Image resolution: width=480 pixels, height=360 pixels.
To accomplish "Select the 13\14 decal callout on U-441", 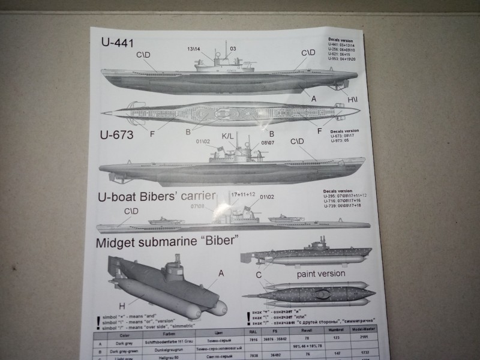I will [196, 48].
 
